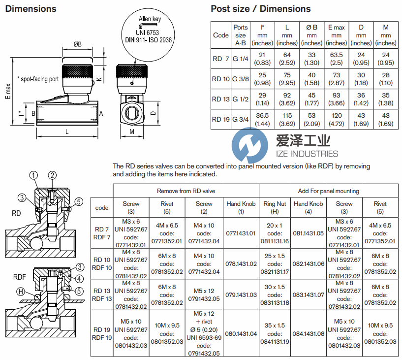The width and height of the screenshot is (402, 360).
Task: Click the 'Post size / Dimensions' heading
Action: pyautogui.click(x=260, y=9)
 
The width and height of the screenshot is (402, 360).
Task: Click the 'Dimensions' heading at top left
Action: pyautogui.click(x=31, y=9)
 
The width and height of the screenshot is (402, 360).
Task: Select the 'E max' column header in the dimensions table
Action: pyautogui.click(x=336, y=35)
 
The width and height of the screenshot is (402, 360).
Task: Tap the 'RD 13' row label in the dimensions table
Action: pyautogui.click(x=221, y=99)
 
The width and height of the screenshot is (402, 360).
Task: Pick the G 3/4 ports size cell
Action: pyautogui.click(x=240, y=119)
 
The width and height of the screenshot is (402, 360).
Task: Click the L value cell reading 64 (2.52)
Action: pyautogui.click(x=287, y=59)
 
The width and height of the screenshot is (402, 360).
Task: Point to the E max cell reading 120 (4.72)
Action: pyautogui.click(x=336, y=119)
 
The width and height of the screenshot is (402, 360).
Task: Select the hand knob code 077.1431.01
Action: pyautogui.click(x=241, y=233)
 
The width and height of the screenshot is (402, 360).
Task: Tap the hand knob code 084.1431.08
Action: pyautogui.click(x=308, y=333)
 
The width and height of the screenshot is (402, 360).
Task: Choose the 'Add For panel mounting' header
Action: pyautogui.click(x=328, y=191)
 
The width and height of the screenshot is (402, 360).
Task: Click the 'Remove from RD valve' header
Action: pyautogui.click(x=186, y=191)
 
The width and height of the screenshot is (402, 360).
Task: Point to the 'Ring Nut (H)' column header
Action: pyautogui.click(x=275, y=207)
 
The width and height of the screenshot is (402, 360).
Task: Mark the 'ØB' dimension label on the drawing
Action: pyautogui.click(x=78, y=45)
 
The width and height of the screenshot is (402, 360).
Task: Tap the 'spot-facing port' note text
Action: pyautogui.click(x=37, y=79)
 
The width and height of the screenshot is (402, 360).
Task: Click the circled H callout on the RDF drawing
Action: pyautogui.click(x=21, y=292)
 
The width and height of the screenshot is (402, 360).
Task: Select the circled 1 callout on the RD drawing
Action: pyautogui.click(x=33, y=175)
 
